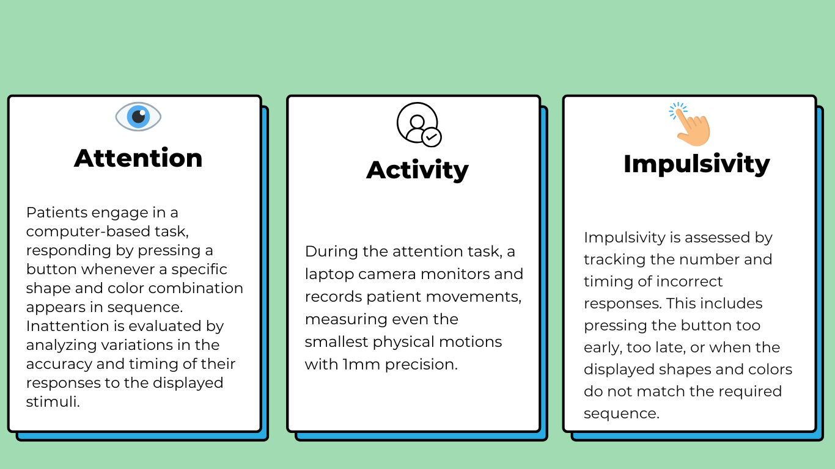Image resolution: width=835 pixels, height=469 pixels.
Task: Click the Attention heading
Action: (138, 158)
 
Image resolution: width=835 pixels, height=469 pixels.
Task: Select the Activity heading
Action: (417, 170)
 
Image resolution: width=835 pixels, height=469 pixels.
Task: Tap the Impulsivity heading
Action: (696, 164)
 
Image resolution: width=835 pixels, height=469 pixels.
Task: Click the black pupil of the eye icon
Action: (138, 116)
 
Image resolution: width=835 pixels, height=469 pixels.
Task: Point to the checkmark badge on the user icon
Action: (432, 137)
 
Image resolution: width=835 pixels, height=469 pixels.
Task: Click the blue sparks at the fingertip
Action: (677, 111)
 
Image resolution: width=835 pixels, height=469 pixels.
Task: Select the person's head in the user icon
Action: (417, 122)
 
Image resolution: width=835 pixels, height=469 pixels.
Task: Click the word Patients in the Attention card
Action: (57, 213)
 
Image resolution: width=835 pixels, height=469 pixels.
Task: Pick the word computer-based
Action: (88, 231)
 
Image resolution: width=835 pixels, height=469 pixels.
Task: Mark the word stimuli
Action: (53, 402)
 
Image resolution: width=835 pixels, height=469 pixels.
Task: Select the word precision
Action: (421, 365)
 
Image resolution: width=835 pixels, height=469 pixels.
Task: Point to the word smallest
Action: (336, 341)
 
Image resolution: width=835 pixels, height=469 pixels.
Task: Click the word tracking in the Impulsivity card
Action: (614, 260)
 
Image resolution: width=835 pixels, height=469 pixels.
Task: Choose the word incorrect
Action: (690, 282)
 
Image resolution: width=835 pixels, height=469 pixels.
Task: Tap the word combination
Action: (196, 288)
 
